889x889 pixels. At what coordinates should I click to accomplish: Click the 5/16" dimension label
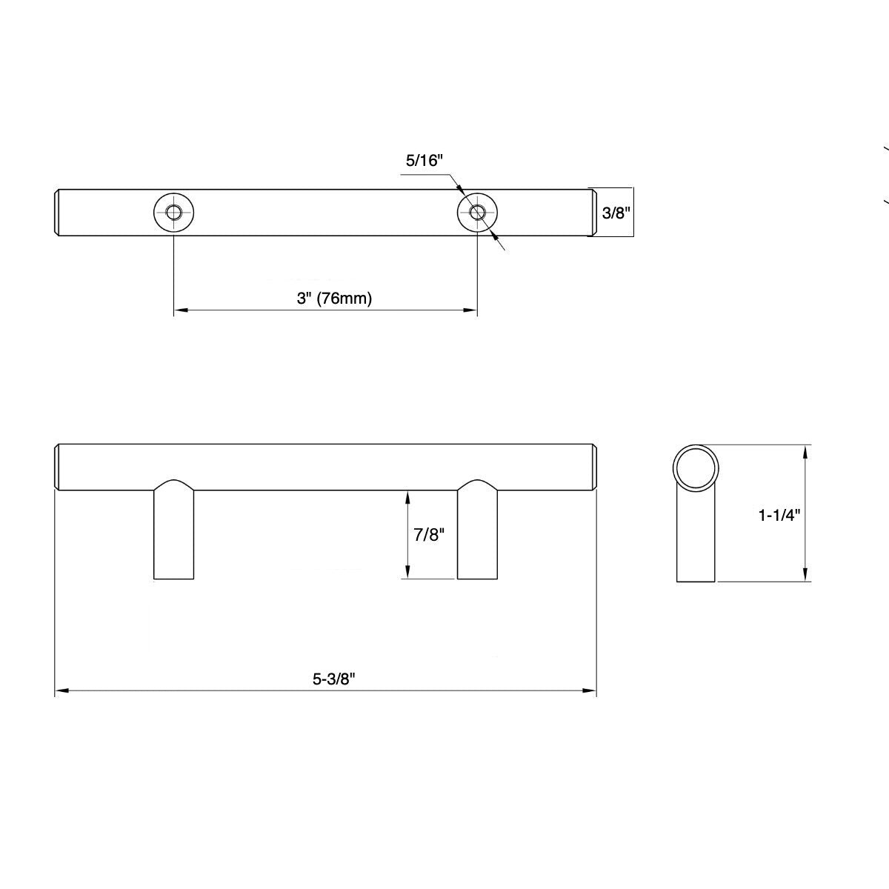click(424, 160)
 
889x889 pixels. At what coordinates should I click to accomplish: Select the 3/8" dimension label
click(615, 213)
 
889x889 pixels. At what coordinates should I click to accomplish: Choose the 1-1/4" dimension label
click(779, 515)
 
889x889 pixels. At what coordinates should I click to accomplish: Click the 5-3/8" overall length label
click(334, 678)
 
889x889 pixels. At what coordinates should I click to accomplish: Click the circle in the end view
click(696, 467)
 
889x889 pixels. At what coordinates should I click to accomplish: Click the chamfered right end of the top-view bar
click(593, 213)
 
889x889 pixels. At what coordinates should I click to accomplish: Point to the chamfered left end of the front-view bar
click(59, 467)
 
